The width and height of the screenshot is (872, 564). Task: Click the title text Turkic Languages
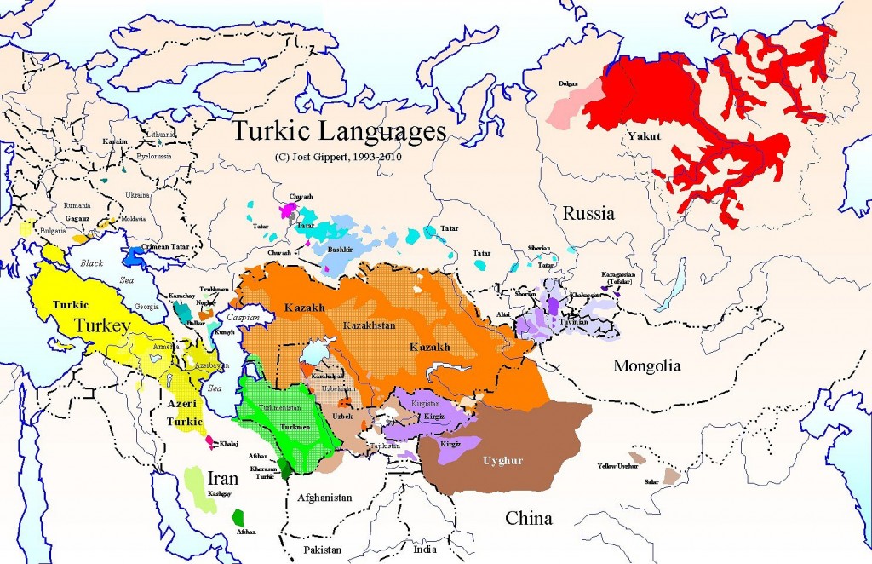coord(339,133)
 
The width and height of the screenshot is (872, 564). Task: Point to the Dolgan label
coord(569,83)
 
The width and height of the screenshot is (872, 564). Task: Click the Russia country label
coord(588,214)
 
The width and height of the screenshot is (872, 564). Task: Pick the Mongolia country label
coord(646,366)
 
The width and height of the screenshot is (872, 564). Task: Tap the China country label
coord(529,518)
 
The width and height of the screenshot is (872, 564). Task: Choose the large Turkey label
coord(100,325)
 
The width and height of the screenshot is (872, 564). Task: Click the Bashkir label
coord(341,250)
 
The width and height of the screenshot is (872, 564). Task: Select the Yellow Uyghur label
coord(618,466)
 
